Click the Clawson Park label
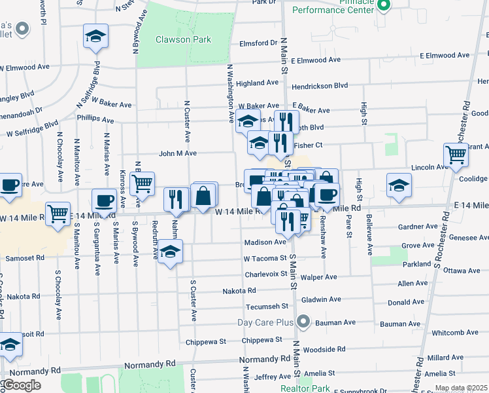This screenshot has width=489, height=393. point(183,39)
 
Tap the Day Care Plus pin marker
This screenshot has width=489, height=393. point(303,322)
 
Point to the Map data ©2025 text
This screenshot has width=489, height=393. point(461,388)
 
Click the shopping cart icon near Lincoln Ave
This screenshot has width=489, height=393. point(456,155)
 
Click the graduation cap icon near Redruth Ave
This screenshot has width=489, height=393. point(170,251)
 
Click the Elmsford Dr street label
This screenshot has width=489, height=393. point(258,43)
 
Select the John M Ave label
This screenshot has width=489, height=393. point(177,153)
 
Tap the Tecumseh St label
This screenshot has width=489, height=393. point(267,306)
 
